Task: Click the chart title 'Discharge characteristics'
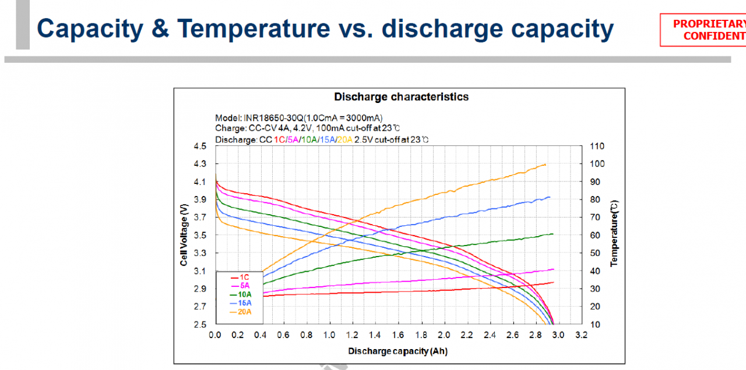coord(402,97)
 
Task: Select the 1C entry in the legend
coord(240,277)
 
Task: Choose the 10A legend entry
coord(241,294)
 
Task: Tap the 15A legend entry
coord(241,303)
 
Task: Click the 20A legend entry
coord(241,312)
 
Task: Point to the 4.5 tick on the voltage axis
coord(200,146)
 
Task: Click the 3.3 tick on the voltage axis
coord(200,253)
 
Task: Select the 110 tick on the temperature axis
coord(597,146)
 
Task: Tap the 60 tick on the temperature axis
coord(595,236)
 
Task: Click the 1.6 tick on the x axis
coord(398,335)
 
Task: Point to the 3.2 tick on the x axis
coord(582,335)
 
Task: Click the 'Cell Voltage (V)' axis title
coord(184,235)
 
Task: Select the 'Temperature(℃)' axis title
coord(614,233)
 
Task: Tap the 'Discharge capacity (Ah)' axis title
coord(398,351)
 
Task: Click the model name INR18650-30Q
coord(274,118)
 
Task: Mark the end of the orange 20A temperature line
coord(546,164)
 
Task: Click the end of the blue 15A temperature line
coord(550,197)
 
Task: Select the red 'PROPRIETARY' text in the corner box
coord(709,24)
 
